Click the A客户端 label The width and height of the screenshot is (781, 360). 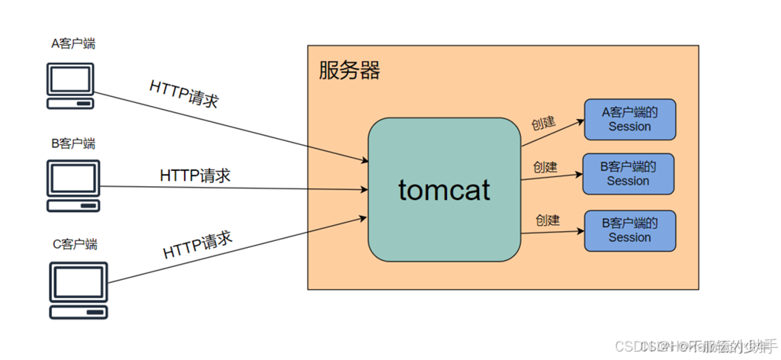73,43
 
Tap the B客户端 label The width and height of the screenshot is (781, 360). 73,143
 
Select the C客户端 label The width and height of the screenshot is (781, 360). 75,244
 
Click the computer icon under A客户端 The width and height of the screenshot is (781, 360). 70,85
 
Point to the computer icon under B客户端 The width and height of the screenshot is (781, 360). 73,185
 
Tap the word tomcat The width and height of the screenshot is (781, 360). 444,189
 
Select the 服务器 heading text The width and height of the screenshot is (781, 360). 349,71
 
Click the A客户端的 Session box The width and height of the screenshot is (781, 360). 630,119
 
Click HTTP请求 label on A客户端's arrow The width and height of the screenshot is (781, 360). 184,94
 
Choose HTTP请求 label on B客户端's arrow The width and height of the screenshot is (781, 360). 195,175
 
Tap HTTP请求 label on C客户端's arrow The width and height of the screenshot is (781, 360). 198,245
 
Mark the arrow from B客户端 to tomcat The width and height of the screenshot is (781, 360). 229,188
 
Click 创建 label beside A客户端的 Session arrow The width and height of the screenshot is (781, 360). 543,123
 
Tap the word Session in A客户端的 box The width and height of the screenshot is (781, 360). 630,127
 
